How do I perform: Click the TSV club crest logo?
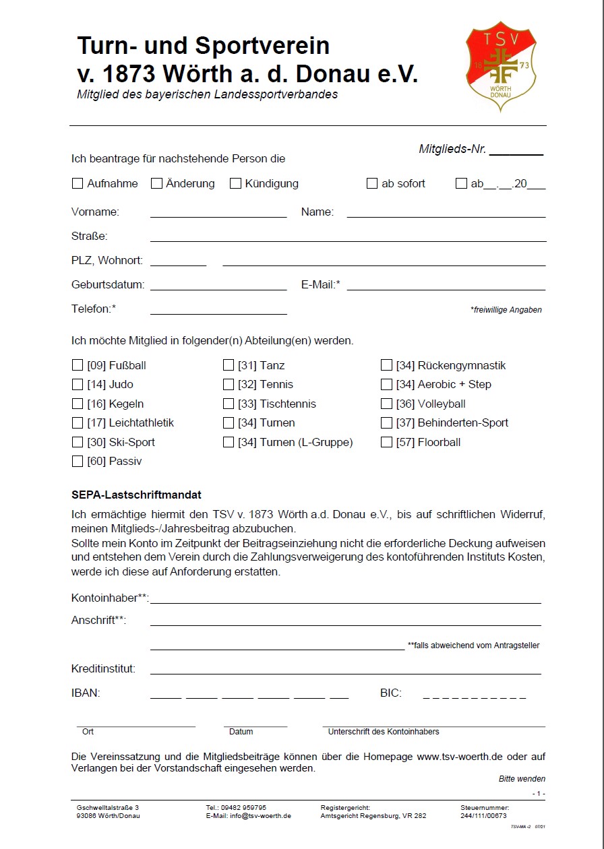(501, 65)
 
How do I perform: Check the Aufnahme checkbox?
(77, 183)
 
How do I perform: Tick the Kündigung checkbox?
(235, 183)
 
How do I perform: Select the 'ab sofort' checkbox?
(371, 183)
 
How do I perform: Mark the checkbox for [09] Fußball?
(77, 365)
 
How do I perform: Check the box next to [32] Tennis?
(229, 385)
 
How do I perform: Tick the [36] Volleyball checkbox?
(386, 404)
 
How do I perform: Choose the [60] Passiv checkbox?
(77, 462)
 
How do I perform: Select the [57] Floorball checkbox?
(386, 443)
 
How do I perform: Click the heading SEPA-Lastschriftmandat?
(136, 495)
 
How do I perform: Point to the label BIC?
(391, 693)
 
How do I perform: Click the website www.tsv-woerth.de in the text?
(460, 757)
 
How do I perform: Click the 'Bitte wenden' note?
(522, 779)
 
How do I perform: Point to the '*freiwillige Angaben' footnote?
(506, 310)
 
